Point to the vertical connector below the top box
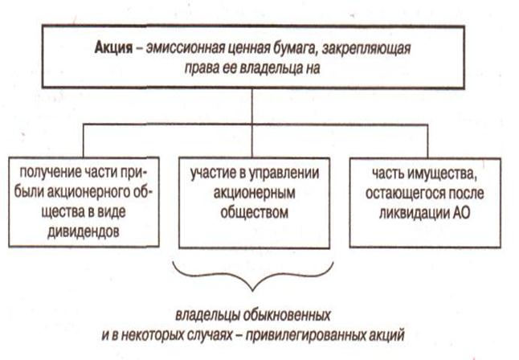254,103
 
